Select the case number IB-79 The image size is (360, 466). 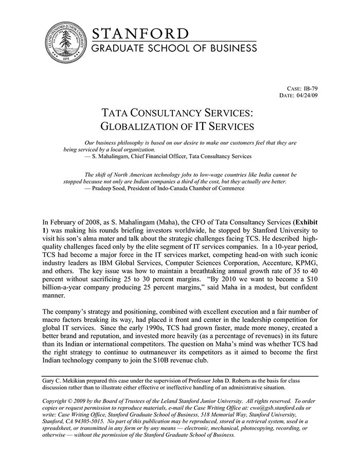coord(310,88)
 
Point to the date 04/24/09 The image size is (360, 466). coord(307,95)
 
